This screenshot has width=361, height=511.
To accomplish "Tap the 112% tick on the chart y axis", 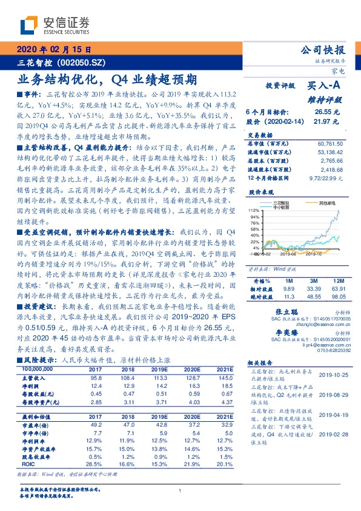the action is pyautogui.click(x=254, y=209).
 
